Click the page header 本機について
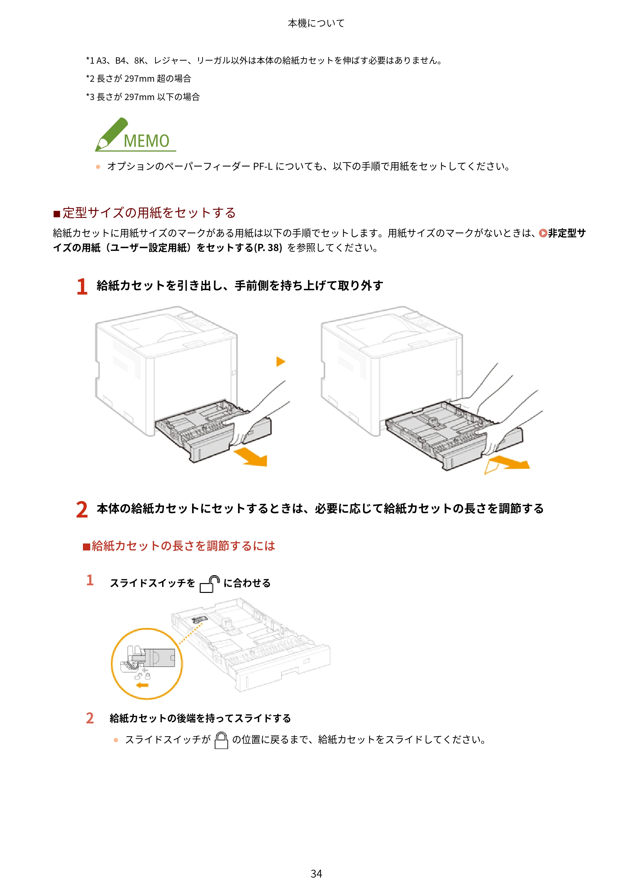point(316,23)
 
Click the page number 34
point(316,874)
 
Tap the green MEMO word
point(147,141)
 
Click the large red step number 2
point(82,509)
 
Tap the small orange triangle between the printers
point(281,361)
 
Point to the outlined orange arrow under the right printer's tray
point(507,464)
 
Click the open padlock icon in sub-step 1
point(210,584)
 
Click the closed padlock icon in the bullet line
point(221,740)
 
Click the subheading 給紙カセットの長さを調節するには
point(183,546)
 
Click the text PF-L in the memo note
point(262,167)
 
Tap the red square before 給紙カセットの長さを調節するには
point(87,547)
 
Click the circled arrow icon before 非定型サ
point(543,233)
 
